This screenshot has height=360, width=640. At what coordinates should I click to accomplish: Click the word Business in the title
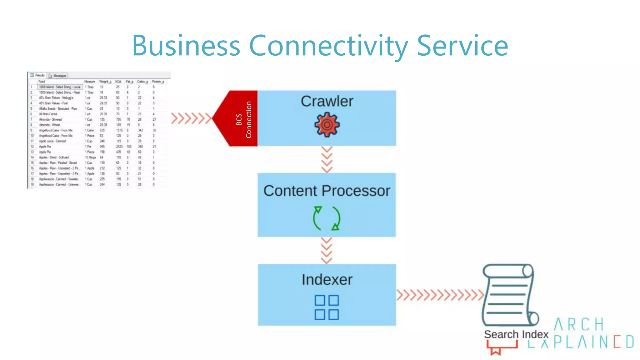pos(186,46)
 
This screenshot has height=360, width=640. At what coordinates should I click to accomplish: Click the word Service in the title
pos(462,46)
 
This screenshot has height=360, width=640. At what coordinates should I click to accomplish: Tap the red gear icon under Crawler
pos(327,125)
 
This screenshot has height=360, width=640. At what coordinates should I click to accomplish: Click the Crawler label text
pos(327,101)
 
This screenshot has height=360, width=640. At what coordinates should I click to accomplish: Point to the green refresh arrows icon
pos(327,218)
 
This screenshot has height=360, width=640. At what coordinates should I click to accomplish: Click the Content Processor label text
pos(327,191)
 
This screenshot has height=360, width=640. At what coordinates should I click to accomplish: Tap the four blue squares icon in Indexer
pos(327,307)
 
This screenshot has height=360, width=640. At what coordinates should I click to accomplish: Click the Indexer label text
pos(327,279)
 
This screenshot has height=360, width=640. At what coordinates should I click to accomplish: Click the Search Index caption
pos(516,334)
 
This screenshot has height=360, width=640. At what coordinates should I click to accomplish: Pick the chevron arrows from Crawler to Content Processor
pos(327,160)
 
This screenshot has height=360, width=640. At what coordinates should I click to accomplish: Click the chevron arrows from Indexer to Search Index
pos(440,295)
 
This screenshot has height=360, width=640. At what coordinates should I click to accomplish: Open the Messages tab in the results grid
pos(58,76)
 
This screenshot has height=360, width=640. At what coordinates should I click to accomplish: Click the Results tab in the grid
pos(38,75)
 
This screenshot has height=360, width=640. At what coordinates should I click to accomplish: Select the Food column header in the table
pos(42,82)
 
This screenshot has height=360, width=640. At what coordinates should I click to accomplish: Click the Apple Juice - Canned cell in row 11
pos(52,141)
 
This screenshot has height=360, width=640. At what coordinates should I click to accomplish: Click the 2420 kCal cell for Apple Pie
pos(119,146)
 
